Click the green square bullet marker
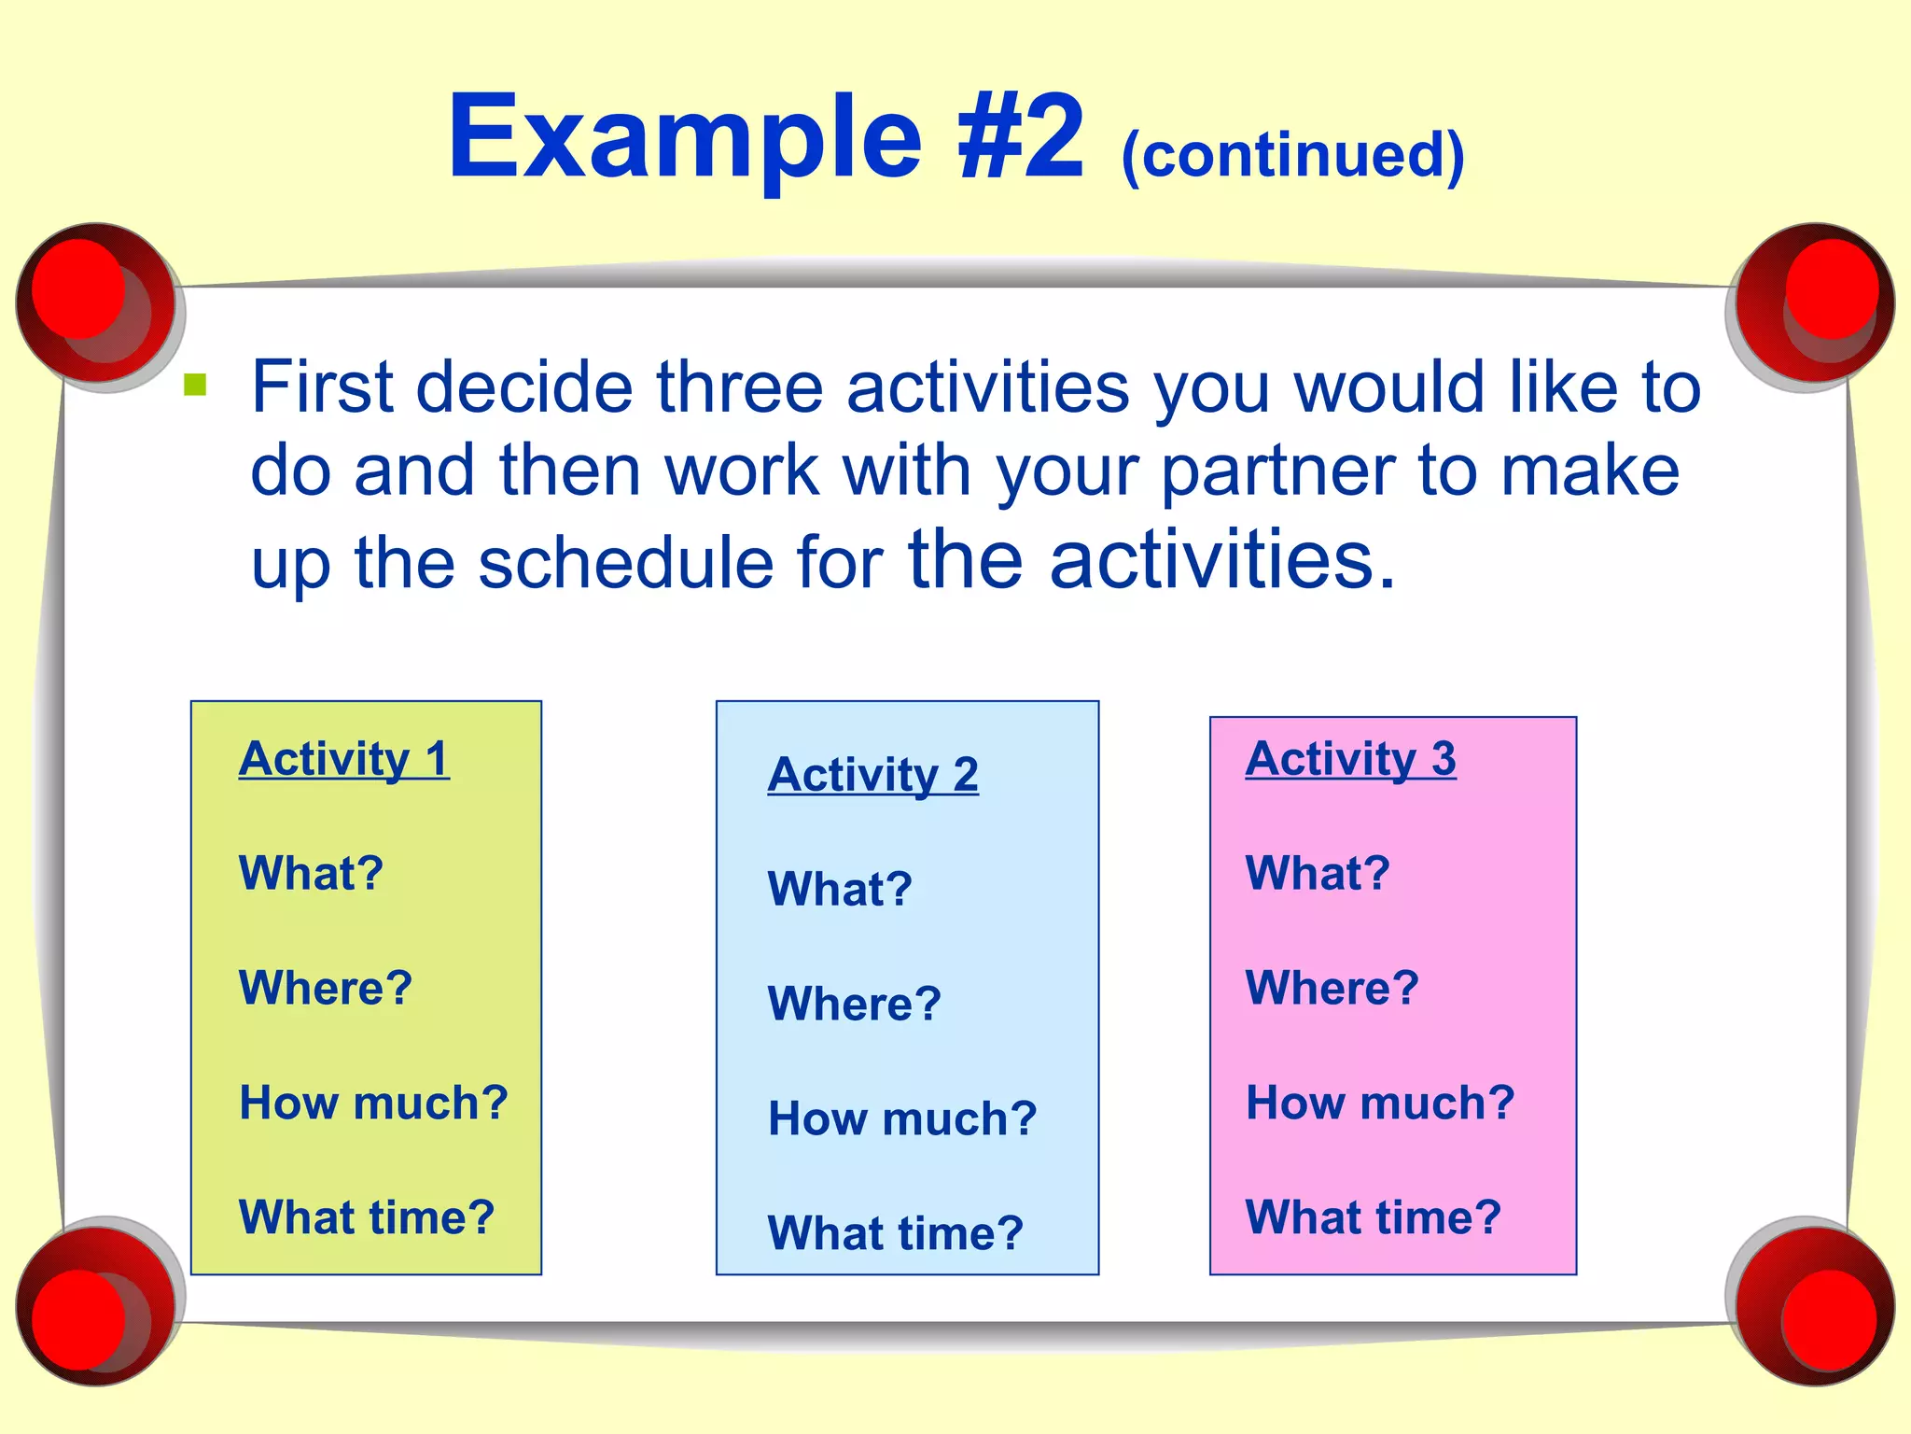pyautogui.click(x=195, y=384)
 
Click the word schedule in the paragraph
pyautogui.click(x=625, y=563)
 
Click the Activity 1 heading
pyautogui.click(x=343, y=758)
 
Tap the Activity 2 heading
pyautogui.click(x=872, y=774)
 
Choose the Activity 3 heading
pyautogui.click(x=1350, y=758)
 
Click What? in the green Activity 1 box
pyautogui.click(x=311, y=873)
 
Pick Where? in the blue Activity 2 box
pyautogui.click(x=854, y=1004)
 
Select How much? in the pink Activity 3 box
pyautogui.click(x=1379, y=1103)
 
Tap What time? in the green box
pyautogui.click(x=366, y=1217)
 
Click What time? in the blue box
pyautogui.click(x=895, y=1233)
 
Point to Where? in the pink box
pyautogui.click(x=1332, y=988)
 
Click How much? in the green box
pyautogui.click(x=373, y=1103)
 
